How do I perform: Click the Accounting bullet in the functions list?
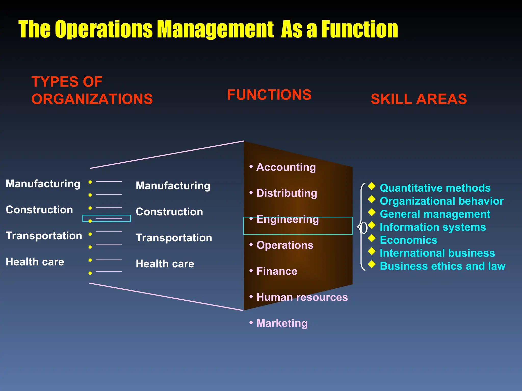coord(286,167)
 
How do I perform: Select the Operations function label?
coord(285,245)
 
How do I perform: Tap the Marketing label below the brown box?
coord(282,323)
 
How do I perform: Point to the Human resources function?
coord(302,297)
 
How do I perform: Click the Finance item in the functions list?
coord(277,271)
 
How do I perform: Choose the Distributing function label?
coord(286,193)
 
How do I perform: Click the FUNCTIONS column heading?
coord(269,95)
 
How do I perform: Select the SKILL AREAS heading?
coord(419,99)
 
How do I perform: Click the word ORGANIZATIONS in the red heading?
coord(92,99)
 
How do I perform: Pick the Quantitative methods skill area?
coord(435,188)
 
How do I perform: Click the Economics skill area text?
coord(408,240)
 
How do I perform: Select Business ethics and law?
coord(442,266)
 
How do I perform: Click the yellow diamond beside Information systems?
coord(372,225)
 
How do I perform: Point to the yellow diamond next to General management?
coord(372,212)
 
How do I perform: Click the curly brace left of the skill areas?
coord(361,227)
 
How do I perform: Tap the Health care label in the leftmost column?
coord(35,262)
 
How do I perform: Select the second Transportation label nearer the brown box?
coord(174,238)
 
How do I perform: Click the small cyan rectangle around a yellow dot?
coord(107,218)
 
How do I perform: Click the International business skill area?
coord(437,253)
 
